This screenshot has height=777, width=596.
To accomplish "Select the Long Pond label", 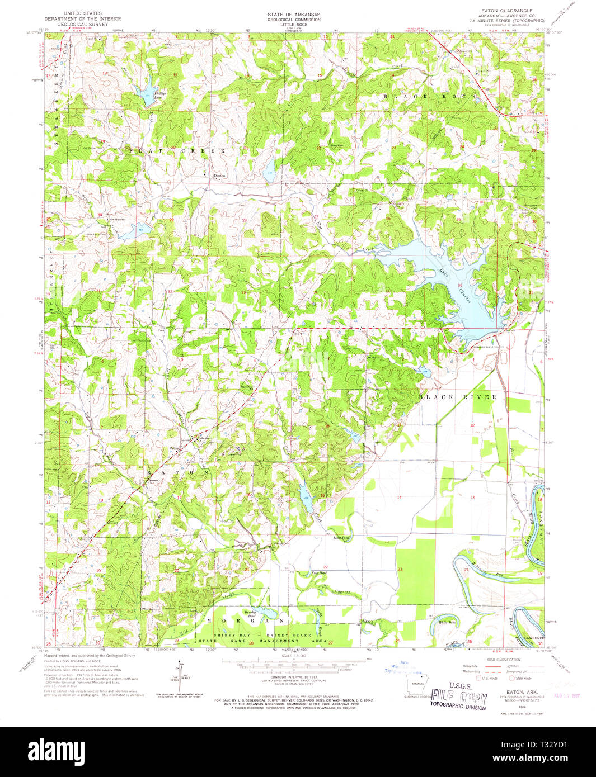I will click(x=341, y=538).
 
